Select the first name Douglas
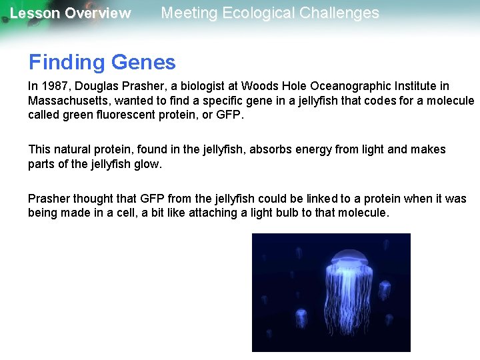(90, 86)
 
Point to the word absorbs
(270, 149)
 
